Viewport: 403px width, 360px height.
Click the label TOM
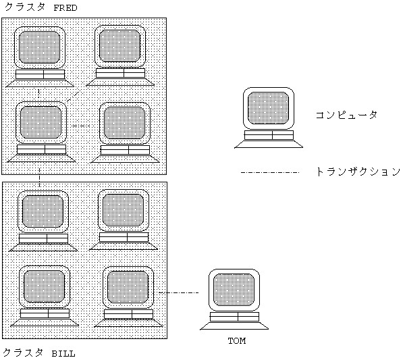[237, 341]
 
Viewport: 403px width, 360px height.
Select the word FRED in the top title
[65, 8]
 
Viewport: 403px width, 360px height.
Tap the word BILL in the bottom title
[63, 354]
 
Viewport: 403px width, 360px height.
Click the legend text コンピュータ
[346, 115]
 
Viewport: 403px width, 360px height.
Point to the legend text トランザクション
[358, 172]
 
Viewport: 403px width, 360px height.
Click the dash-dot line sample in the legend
[270, 172]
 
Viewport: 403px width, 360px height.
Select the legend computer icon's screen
[268, 108]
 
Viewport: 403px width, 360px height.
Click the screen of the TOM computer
[234, 290]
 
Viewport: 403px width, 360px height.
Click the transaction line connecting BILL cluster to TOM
[179, 292]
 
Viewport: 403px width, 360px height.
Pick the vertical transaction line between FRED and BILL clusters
[39, 178]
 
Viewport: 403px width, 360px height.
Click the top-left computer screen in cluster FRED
[40, 47]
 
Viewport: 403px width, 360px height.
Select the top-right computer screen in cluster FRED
[119, 46]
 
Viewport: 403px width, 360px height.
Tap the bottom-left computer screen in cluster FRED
[41, 122]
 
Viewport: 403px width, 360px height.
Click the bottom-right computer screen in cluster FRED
[125, 123]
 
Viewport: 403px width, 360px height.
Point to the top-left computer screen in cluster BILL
[43, 211]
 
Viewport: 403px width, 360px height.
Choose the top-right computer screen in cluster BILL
[123, 210]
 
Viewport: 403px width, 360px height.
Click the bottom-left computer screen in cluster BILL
[44, 287]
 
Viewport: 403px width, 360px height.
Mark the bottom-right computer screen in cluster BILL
[128, 287]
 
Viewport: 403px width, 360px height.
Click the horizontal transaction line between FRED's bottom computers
[82, 126]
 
